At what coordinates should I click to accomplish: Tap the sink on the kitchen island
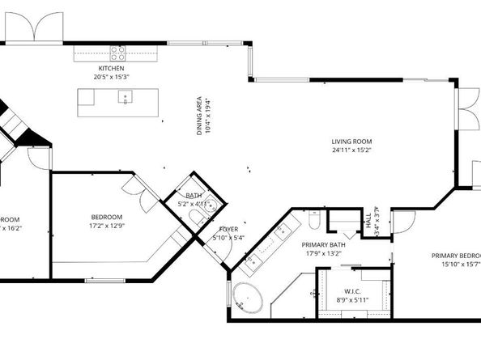coord(126,98)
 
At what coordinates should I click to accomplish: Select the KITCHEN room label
coord(112,69)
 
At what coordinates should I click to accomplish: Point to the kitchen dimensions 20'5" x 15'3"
coord(112,77)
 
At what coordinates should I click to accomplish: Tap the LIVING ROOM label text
coord(351,142)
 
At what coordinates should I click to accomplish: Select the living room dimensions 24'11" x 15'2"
coord(351,150)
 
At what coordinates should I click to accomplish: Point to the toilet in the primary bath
coord(314,221)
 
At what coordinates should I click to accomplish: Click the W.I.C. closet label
coord(351,291)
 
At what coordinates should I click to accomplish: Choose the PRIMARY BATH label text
coord(324,244)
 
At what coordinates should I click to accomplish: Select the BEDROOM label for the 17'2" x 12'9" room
coord(106,217)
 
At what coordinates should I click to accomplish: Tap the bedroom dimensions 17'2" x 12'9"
coord(106,226)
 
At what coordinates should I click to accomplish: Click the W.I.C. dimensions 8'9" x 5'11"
coord(351,300)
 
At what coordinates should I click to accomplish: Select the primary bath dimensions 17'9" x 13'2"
coord(324,253)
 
